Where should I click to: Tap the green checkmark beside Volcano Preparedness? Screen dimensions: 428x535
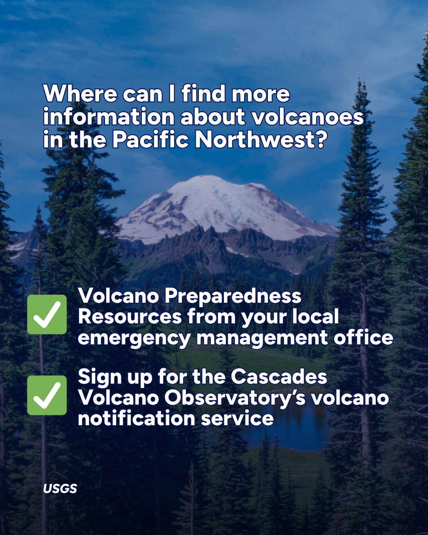coord(47,315)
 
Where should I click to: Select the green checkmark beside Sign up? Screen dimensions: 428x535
coord(47,395)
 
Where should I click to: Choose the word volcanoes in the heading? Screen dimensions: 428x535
coord(308,117)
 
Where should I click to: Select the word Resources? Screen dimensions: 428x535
coord(130,316)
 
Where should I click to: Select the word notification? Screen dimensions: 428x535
coord(137,418)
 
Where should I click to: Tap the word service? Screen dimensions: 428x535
coord(237,418)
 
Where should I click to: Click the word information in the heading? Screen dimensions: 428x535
coord(109,117)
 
